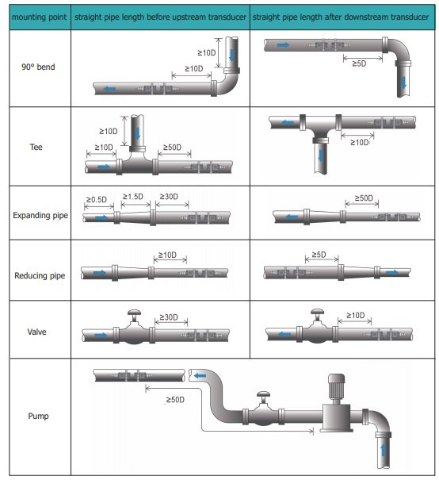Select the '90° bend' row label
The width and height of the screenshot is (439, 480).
[36, 67]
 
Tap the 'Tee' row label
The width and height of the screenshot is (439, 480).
[36, 147]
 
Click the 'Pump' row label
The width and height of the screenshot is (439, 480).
[37, 414]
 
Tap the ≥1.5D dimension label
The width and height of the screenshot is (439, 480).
[133, 197]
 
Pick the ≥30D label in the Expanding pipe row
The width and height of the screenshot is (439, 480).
[170, 197]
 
